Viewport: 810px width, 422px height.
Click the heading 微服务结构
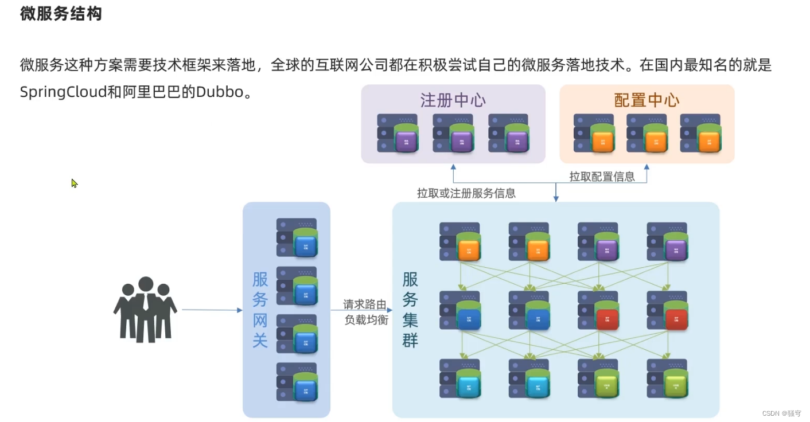[x=61, y=14]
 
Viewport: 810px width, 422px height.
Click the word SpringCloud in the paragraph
[x=63, y=92]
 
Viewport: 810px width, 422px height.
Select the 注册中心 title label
[x=453, y=100]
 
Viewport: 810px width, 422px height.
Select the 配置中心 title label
[x=647, y=100]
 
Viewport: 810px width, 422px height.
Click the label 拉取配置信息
[x=602, y=177]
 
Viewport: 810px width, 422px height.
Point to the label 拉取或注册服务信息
[x=466, y=193]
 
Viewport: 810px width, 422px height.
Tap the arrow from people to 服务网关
[x=212, y=310]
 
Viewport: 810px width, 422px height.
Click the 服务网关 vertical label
[x=260, y=310]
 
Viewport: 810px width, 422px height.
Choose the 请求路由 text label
[x=365, y=304]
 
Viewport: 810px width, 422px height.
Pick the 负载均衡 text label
[x=365, y=320]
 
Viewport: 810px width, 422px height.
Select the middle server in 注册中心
[x=453, y=133]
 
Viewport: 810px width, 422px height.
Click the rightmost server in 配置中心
[x=700, y=133]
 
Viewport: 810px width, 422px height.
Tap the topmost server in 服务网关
[x=297, y=237]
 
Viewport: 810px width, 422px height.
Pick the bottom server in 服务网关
[x=297, y=382]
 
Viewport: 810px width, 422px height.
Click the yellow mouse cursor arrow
[x=74, y=183]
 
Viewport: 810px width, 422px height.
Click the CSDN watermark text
[x=781, y=413]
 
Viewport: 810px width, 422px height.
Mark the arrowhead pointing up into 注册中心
[x=453, y=167]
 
